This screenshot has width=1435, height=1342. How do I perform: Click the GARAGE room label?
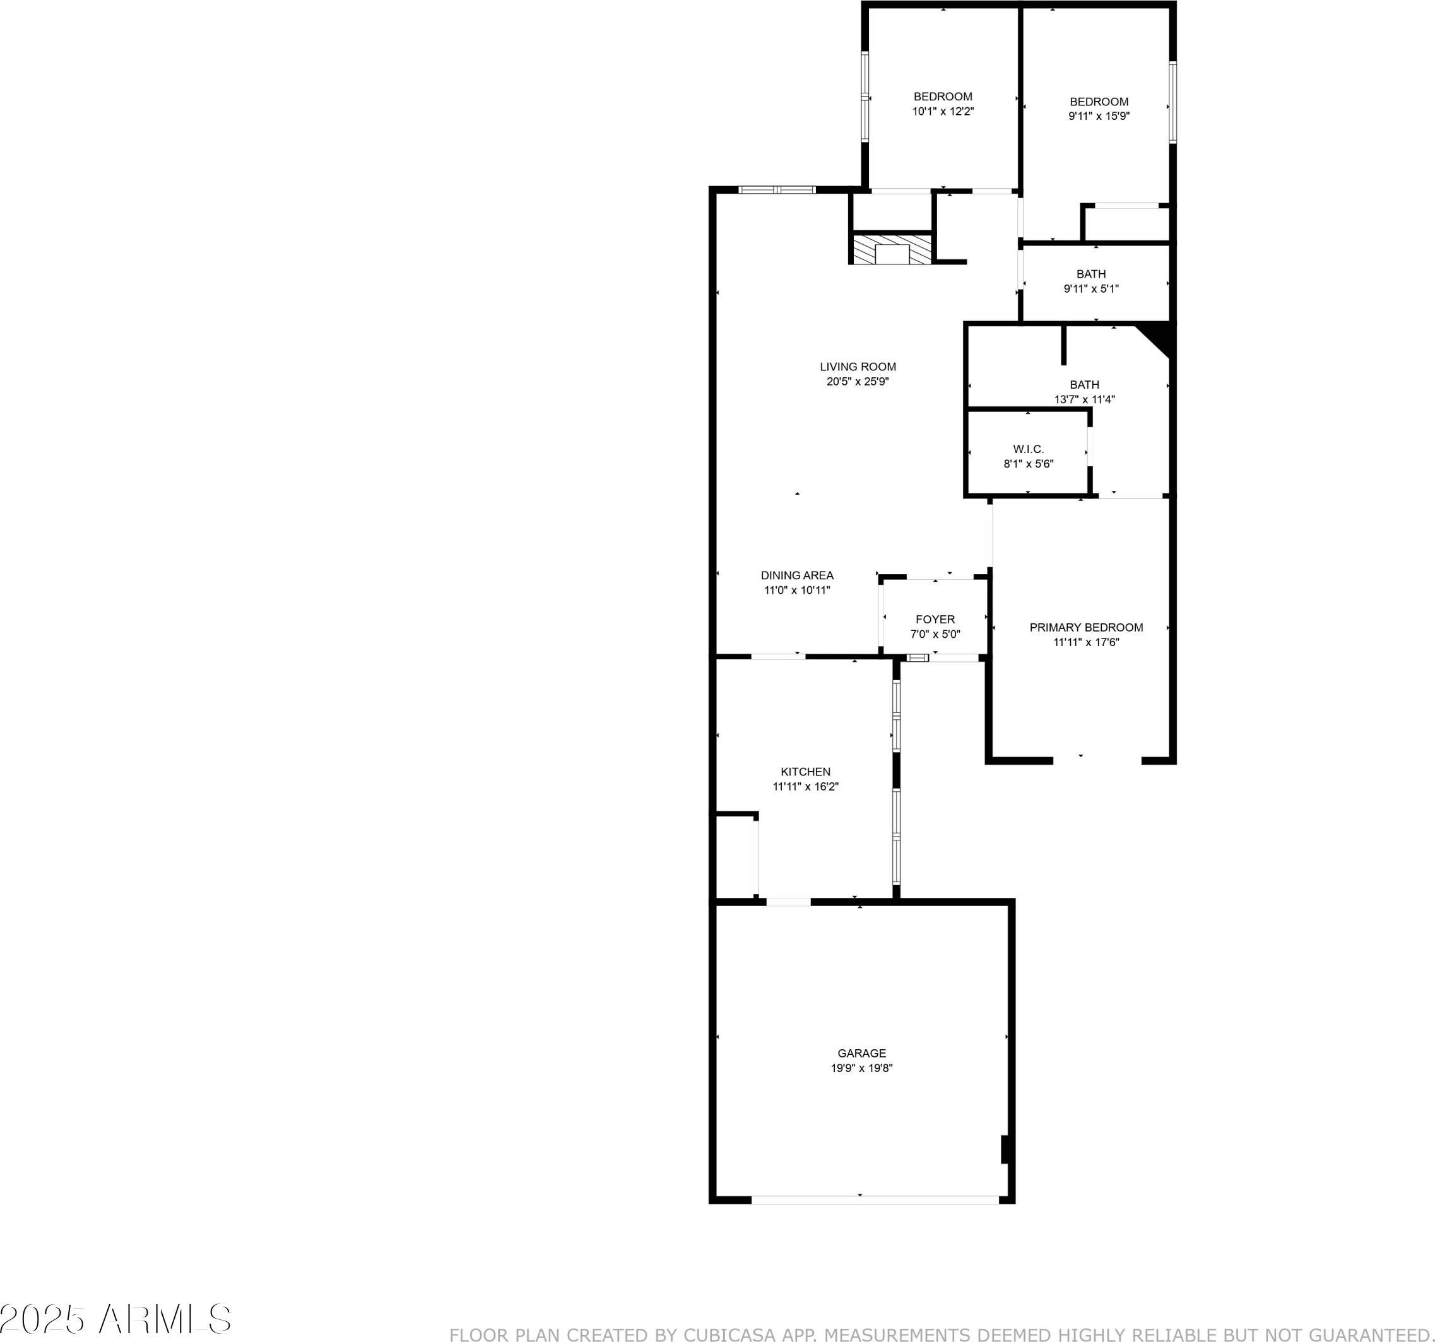(861, 1053)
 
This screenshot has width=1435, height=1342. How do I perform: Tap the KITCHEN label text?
(806, 772)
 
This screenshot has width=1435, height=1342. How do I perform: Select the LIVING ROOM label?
(858, 367)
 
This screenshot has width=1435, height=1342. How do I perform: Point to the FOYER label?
(935, 620)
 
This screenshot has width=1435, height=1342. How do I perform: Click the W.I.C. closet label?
(1028, 449)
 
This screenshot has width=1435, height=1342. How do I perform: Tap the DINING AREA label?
(797, 575)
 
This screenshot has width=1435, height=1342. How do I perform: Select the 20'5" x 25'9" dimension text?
(858, 382)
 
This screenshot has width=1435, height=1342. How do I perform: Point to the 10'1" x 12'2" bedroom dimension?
(943, 112)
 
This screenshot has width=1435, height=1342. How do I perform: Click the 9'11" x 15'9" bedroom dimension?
(1099, 116)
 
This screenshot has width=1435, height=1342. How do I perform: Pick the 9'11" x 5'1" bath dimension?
(1090, 289)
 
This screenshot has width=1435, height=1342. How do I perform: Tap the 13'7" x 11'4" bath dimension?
(1084, 399)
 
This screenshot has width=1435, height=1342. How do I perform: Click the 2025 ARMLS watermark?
(115, 1319)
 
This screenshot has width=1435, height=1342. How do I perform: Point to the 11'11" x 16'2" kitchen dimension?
(806, 787)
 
